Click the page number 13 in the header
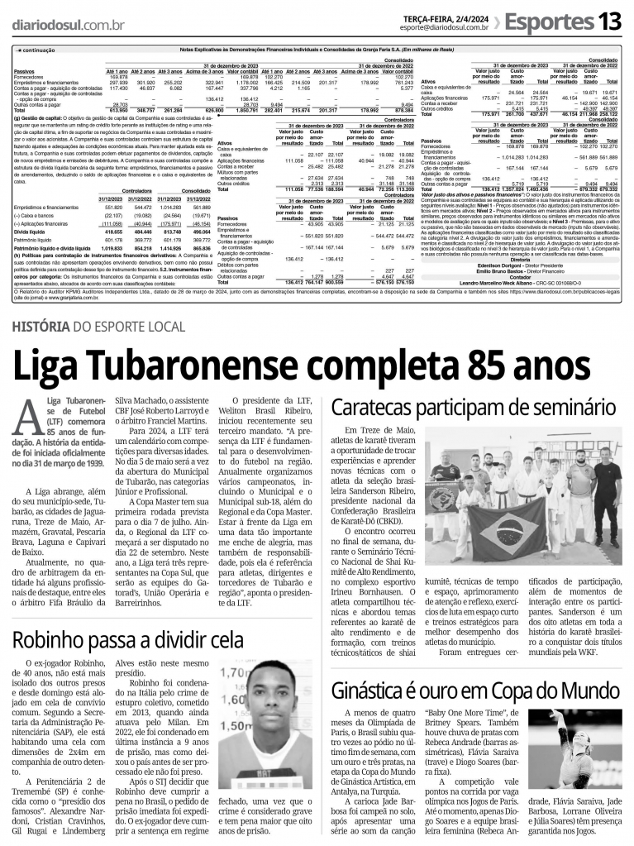[610, 20]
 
